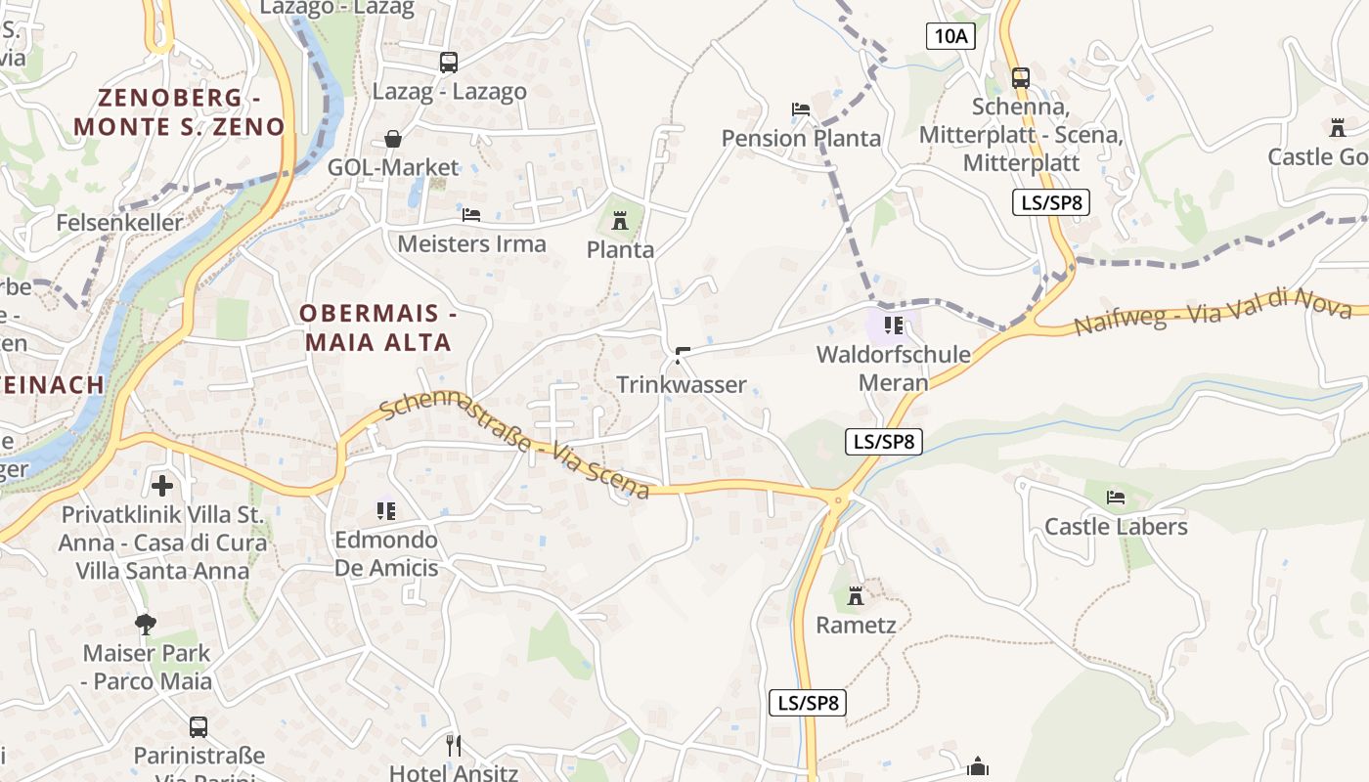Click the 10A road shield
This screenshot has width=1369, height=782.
coord(951,37)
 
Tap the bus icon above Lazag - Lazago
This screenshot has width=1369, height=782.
coord(449,63)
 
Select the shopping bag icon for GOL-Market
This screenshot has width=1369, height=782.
coord(393,139)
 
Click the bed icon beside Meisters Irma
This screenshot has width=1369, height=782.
coord(471,214)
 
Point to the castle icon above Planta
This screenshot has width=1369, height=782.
coord(619,221)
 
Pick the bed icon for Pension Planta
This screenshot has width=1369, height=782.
coord(801,109)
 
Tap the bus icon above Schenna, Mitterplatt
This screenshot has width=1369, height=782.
coord(1021,77)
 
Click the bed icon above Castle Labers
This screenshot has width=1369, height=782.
coord(1116,498)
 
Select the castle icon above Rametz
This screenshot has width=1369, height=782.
coord(856,595)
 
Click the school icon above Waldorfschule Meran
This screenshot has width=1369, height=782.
coord(893,325)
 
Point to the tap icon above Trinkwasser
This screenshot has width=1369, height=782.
coord(683,355)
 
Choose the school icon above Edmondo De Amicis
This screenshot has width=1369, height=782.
coord(386,510)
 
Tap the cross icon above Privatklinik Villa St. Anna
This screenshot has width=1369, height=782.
coord(162,484)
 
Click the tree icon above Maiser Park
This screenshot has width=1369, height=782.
coord(147,623)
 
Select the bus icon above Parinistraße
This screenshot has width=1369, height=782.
coord(199,726)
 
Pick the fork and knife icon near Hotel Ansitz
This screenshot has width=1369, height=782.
coord(454,746)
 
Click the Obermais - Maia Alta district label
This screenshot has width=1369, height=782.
coord(377,328)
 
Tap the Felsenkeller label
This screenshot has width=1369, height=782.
coord(119,223)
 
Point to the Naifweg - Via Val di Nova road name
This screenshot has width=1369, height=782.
coord(1213,311)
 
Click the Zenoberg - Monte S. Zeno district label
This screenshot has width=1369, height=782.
coord(179,112)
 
